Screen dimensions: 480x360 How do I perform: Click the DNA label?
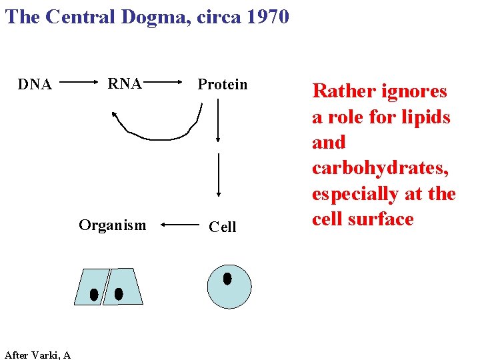[x=35, y=85]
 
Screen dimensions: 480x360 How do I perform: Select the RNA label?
[x=125, y=84]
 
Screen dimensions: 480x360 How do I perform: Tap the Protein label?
[x=222, y=85]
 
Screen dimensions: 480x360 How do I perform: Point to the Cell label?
[x=222, y=227]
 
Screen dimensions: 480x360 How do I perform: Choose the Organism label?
[x=112, y=225]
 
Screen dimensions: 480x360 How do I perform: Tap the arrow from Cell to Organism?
[x=179, y=226]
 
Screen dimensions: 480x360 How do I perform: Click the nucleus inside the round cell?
[x=227, y=279]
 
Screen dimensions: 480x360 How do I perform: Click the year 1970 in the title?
[x=267, y=16]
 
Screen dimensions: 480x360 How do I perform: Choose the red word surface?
[x=383, y=219]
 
